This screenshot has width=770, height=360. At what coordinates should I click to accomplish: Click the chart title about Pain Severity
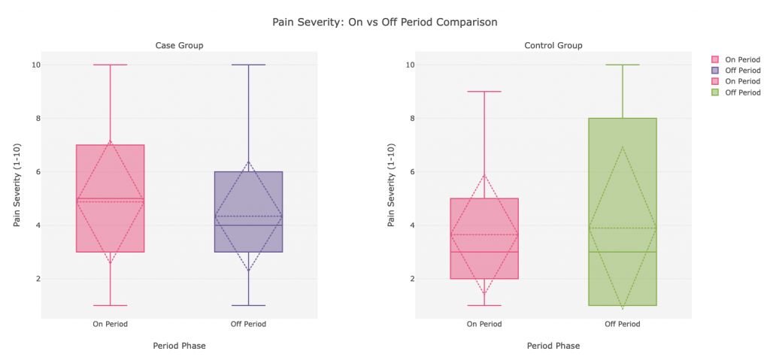[384, 22]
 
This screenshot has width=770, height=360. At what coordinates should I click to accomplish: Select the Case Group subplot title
[179, 46]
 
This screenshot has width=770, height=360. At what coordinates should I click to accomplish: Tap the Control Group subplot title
[553, 46]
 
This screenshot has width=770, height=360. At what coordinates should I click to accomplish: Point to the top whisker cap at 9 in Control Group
[484, 92]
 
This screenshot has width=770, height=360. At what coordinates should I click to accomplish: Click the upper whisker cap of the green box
[623, 65]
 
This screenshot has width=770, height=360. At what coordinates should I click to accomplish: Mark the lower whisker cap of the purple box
[248, 305]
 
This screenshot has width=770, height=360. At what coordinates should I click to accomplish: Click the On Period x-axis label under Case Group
[111, 325]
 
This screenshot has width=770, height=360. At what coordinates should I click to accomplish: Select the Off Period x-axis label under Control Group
[623, 325]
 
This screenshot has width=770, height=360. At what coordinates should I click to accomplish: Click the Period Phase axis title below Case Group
[179, 346]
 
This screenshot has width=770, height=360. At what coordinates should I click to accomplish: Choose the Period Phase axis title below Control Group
[553, 346]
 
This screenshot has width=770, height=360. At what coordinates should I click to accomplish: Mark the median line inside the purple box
[248, 225]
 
